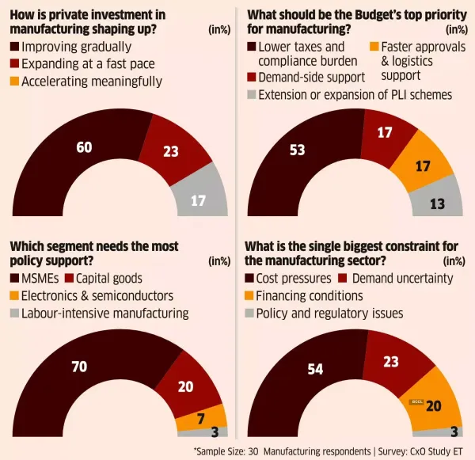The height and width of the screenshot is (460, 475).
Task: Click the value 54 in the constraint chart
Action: pyautogui.click(x=317, y=371)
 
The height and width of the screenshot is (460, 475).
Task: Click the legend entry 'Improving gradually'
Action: pyautogui.click(x=71, y=47)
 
